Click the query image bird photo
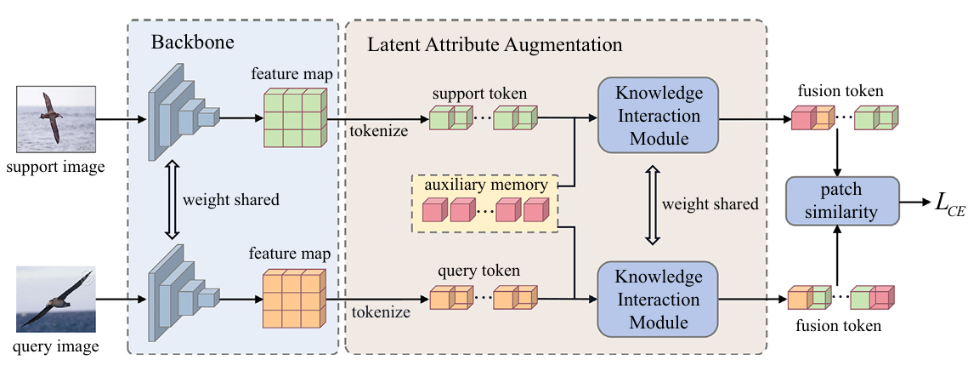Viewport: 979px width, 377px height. pos(54,300)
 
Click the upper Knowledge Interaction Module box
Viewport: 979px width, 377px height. pos(658,116)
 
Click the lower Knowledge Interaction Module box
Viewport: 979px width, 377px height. pos(658,300)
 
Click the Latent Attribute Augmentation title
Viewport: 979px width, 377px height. pos(495,43)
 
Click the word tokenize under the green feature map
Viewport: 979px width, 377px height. pos(378,131)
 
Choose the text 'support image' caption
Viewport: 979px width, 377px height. pos(54,167)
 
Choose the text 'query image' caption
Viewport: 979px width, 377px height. pos(54,346)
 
